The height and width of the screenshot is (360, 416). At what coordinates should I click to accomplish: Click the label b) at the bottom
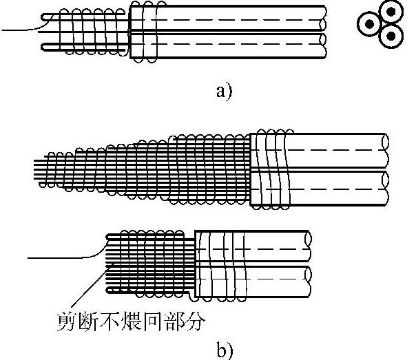(225, 349)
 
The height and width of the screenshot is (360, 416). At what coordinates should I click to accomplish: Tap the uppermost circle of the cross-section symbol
(391, 12)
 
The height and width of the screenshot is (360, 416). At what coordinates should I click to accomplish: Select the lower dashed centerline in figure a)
(241, 44)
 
